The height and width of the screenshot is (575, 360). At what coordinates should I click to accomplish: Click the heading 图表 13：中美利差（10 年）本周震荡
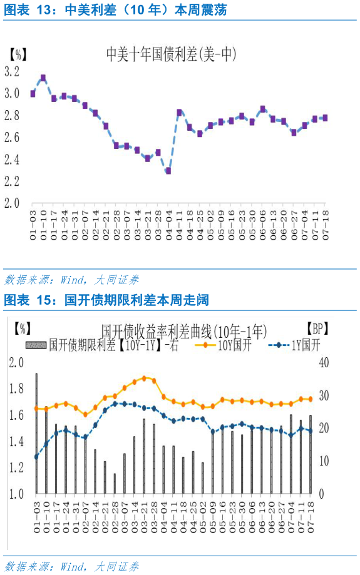coord(116,10)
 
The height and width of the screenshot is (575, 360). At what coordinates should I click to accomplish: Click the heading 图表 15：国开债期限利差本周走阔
coord(106,301)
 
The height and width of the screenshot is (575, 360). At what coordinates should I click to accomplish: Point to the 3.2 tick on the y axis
coord(11,71)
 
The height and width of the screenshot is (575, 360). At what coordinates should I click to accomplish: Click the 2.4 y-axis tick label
coord(11,159)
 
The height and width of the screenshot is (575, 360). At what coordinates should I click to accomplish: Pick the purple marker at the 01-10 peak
coord(43,78)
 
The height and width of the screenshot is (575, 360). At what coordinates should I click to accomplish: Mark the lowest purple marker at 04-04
coord(168,170)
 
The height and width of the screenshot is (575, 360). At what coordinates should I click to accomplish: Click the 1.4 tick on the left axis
coord(16,442)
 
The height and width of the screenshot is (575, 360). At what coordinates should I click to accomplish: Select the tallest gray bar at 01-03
coord(36,433)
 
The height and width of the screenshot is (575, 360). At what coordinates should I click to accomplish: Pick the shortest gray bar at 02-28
coord(115,483)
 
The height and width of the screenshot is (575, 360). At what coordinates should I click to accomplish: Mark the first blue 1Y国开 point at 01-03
coord(36,457)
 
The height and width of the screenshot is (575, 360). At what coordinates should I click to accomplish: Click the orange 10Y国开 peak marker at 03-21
coord(144,378)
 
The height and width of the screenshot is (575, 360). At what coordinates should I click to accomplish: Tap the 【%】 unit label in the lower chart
coord(23,328)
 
